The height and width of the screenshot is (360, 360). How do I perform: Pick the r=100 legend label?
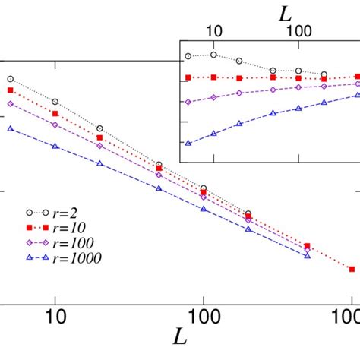pyautogui.click(x=65, y=244)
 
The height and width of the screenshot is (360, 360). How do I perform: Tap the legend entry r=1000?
pyautogui.click(x=68, y=259)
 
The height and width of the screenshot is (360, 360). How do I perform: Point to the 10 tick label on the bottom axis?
pyautogui.click(x=55, y=314)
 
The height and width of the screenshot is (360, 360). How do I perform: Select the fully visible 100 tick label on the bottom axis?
pyautogui.click(x=203, y=314)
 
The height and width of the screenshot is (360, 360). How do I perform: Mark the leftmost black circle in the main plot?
pyautogui.click(x=10, y=79)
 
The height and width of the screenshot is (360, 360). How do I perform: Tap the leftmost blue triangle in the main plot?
pyautogui.click(x=10, y=129)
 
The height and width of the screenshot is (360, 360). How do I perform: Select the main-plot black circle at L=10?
pyautogui.click(x=55, y=101)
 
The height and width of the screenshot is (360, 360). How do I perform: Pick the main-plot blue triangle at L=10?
pyautogui.click(x=55, y=146)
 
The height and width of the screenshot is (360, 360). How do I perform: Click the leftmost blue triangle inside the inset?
pyautogui.click(x=188, y=142)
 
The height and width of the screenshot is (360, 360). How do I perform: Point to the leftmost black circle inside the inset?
pyautogui.click(x=188, y=56)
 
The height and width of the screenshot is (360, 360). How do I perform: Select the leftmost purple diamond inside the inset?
pyautogui.click(x=188, y=101)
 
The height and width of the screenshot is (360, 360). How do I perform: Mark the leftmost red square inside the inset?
pyautogui.click(x=188, y=77)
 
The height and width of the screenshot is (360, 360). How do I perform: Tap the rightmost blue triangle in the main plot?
pyautogui.click(x=308, y=256)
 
